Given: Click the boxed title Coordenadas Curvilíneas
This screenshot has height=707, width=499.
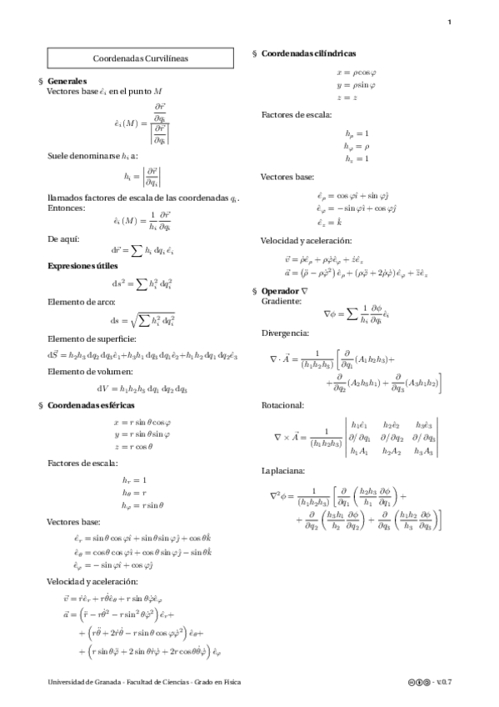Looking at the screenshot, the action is (140, 59).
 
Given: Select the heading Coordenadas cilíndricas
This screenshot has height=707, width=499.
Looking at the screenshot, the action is (311, 53).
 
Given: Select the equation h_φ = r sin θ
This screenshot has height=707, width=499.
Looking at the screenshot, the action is (142, 504).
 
